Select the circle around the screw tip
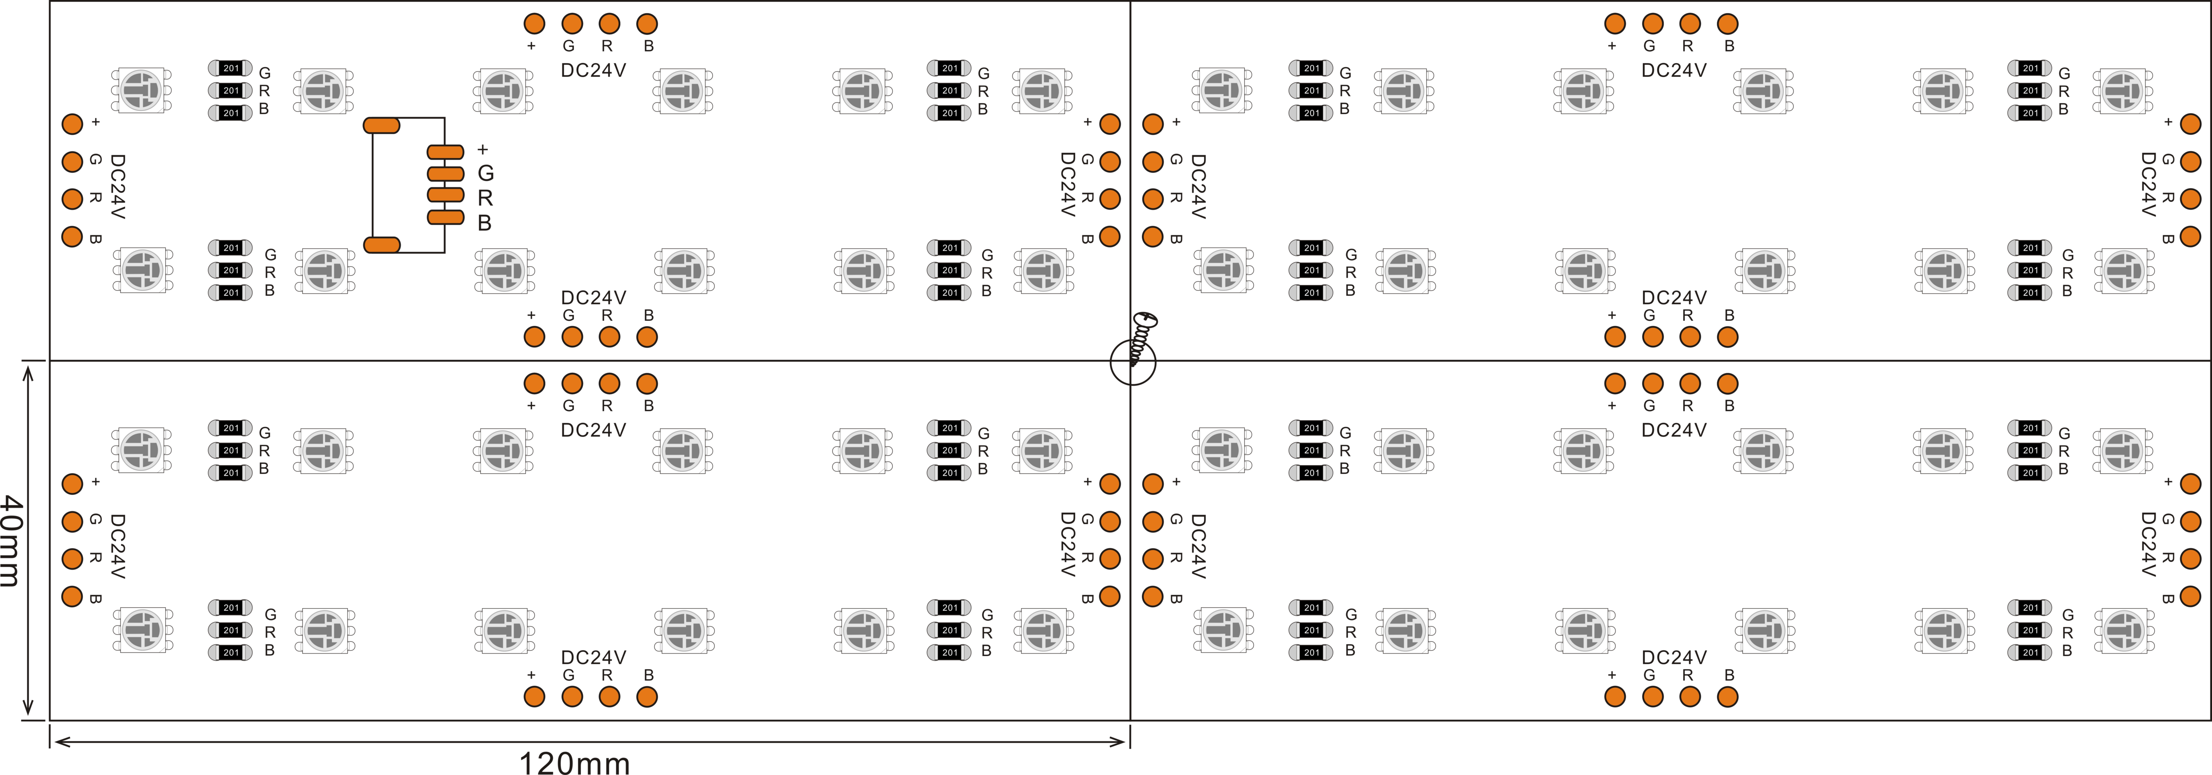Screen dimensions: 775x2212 pos(1133,363)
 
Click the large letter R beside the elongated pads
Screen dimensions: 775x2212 pos(485,198)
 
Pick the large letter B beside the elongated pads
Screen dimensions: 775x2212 pos(484,223)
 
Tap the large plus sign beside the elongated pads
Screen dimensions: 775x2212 pos(483,149)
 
